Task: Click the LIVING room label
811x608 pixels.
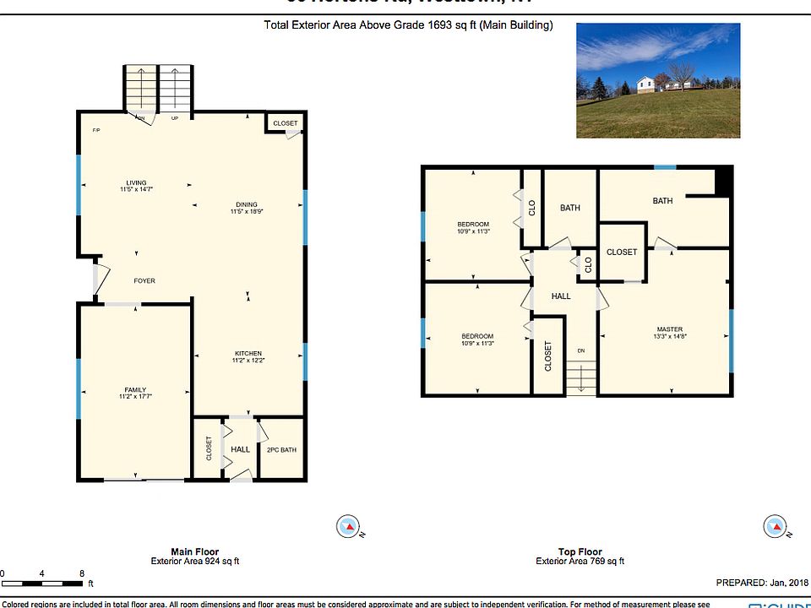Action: (x=136, y=183)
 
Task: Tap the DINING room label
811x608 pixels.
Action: (x=247, y=204)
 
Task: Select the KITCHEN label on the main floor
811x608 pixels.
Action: (x=248, y=354)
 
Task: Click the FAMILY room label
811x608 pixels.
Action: (x=136, y=390)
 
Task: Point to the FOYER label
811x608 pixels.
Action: (x=144, y=281)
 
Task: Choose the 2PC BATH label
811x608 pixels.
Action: (x=281, y=449)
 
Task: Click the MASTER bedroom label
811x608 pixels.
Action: (x=670, y=329)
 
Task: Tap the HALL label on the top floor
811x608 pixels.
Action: (x=561, y=296)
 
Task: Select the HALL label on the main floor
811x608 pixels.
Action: (x=241, y=449)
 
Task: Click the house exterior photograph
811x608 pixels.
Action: (x=657, y=80)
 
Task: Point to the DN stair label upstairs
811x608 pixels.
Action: (x=581, y=350)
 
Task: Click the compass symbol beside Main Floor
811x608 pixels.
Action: (x=347, y=527)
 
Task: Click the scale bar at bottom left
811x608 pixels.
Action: (x=42, y=582)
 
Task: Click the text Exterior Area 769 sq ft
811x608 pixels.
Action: (x=580, y=562)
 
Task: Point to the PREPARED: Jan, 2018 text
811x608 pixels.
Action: (x=761, y=583)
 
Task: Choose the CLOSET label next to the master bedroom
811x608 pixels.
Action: (x=622, y=252)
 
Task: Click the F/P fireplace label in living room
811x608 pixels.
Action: (x=96, y=131)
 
